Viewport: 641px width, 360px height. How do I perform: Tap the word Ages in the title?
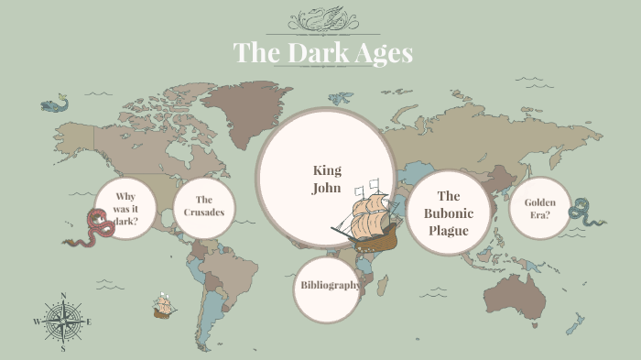[x=383, y=53]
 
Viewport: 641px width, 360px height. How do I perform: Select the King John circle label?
[x=327, y=179]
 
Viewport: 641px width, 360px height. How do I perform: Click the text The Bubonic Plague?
[x=449, y=213]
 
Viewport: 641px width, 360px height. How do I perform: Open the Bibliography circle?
[x=330, y=285]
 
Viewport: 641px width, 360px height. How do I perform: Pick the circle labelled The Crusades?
[x=203, y=206]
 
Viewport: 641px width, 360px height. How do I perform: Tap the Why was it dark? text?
[x=126, y=208]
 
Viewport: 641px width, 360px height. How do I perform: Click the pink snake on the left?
[x=92, y=228]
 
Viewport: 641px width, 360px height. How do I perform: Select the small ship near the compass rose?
[x=164, y=306]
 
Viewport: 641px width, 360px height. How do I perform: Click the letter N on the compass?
[x=62, y=295]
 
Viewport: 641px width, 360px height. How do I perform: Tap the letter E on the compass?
[x=88, y=322]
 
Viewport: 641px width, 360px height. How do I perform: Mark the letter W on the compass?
[x=38, y=322]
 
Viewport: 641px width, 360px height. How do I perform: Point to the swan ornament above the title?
[x=320, y=19]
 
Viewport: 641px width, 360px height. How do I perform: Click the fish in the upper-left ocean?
[x=55, y=105]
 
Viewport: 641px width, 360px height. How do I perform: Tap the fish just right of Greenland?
[x=341, y=97]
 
